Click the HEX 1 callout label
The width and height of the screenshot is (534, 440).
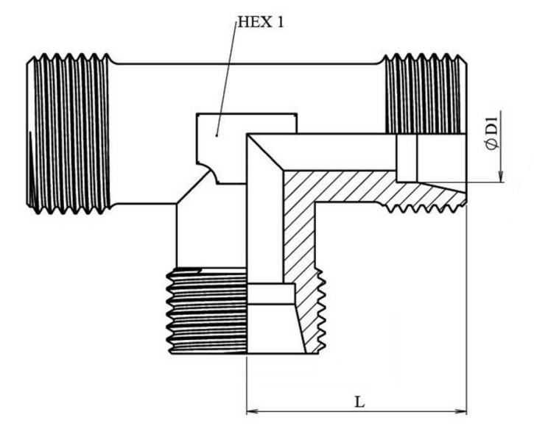click(260, 22)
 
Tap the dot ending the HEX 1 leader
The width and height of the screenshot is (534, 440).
click(217, 135)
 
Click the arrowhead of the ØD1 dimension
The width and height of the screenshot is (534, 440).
click(500, 176)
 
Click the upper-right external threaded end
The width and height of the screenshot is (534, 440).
click(425, 93)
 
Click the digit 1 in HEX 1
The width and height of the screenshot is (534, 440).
click(279, 22)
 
